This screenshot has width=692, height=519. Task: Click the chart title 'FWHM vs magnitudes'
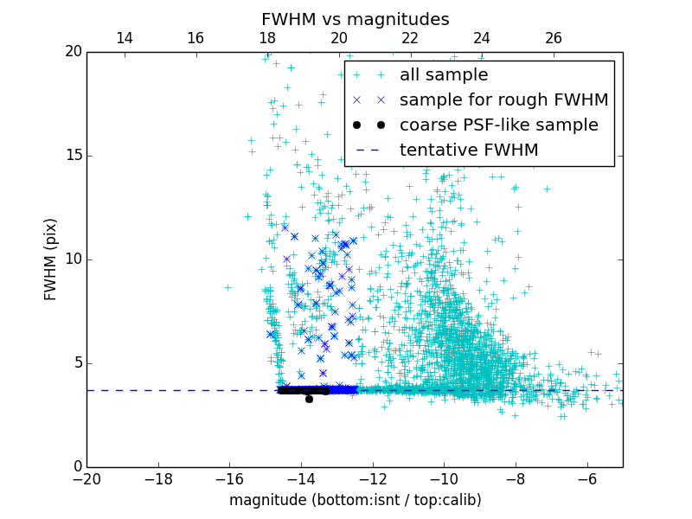click(355, 19)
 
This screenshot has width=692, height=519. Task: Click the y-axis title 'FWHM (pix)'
click(51, 259)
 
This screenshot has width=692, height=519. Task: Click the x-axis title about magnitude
click(355, 500)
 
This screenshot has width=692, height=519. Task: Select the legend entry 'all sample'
click(444, 75)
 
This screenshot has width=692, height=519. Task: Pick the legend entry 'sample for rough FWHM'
click(503, 100)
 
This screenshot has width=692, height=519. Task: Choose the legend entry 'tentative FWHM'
click(469, 151)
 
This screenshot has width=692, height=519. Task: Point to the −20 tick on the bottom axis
click(86, 478)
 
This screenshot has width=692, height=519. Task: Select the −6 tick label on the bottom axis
click(586, 478)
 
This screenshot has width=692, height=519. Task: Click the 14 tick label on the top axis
click(124, 38)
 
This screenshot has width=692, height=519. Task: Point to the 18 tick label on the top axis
click(267, 38)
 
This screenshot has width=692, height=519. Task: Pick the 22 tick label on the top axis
click(410, 38)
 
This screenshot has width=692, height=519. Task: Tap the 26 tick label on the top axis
click(554, 38)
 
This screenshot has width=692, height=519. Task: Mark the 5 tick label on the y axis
click(75, 363)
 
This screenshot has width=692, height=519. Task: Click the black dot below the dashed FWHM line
click(309, 399)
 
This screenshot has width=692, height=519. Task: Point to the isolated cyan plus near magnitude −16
click(228, 287)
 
